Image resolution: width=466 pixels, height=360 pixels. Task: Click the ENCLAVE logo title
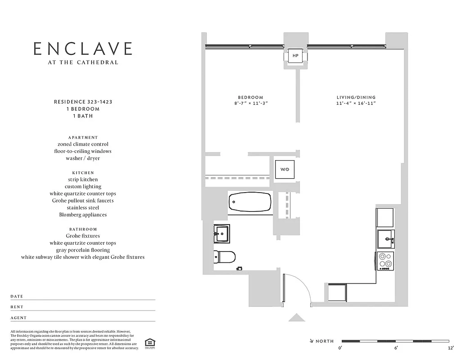pos(83,49)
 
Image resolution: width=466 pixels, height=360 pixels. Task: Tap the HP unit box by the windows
pos(295,56)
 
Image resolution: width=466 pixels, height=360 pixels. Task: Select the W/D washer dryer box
pos(285,170)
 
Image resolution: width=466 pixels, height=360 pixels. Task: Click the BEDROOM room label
pos(250,97)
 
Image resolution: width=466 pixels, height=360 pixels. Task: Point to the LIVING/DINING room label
pos(356,97)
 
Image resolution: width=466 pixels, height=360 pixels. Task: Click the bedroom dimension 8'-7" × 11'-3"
pos(250,103)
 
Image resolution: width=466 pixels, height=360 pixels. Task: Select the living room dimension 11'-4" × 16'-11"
pos(356,103)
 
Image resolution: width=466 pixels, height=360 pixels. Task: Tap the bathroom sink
pos(221,233)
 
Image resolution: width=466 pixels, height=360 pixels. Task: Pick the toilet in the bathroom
pos(225,257)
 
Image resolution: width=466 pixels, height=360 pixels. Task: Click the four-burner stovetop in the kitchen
pos(385,261)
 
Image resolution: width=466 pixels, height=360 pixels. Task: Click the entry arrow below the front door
pos(296,318)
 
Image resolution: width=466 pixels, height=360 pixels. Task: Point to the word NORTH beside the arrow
pos(324,341)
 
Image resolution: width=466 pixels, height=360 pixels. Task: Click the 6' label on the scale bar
pos(396,348)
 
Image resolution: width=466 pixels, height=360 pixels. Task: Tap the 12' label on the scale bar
pos(450,348)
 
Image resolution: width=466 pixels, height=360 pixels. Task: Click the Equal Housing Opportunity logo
pos(148,343)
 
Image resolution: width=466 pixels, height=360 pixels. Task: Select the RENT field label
pos(17,307)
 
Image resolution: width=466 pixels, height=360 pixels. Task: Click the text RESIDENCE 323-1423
pos(83,102)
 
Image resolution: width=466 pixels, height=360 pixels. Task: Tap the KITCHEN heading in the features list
pos(83,173)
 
